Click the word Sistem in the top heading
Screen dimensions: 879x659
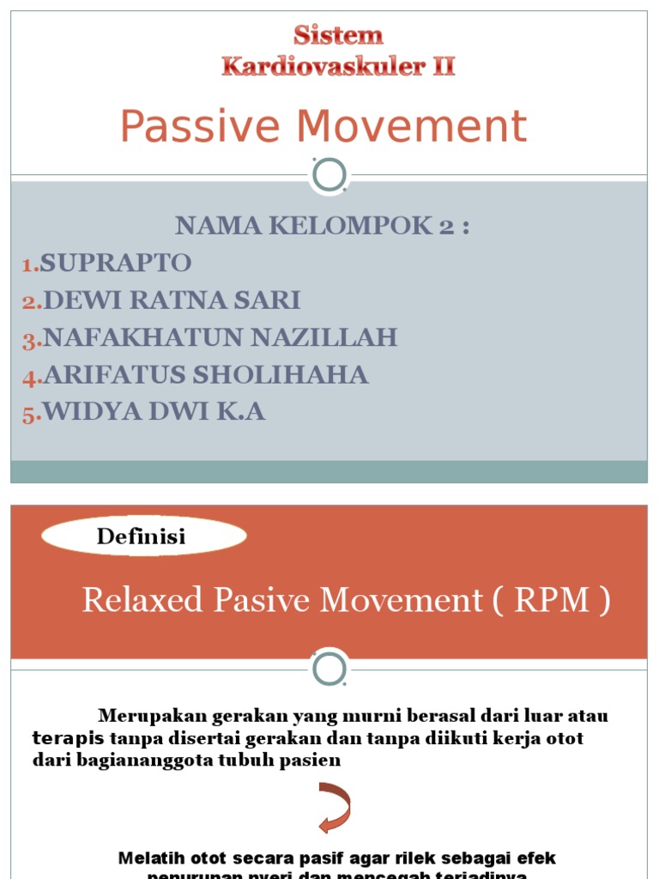pyautogui.click(x=338, y=36)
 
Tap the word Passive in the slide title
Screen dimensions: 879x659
pyautogui.click(x=200, y=126)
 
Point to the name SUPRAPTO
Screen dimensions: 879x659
pyautogui.click(x=116, y=263)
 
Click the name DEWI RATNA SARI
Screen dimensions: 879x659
pyautogui.click(x=172, y=300)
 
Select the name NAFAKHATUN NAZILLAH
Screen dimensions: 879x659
pyautogui.click(x=221, y=337)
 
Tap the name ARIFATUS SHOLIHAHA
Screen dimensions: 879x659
pyautogui.click(x=206, y=374)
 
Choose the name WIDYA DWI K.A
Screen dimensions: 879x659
pyautogui.click(x=154, y=412)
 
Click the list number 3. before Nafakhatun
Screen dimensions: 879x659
pyautogui.click(x=32, y=340)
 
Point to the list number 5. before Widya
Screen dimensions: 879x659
pyautogui.click(x=32, y=415)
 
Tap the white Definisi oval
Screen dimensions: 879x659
pyautogui.click(x=143, y=536)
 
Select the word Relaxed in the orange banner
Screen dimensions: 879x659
pyautogui.click(x=142, y=600)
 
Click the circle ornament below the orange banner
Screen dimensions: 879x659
pyautogui.click(x=329, y=669)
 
